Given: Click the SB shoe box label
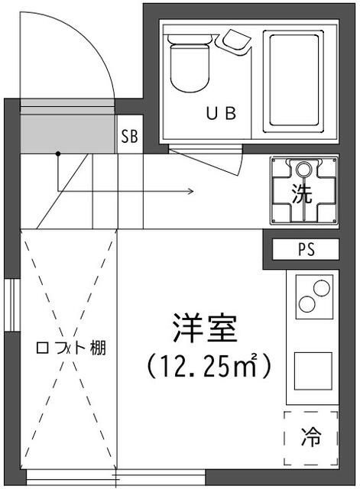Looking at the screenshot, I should [x=128, y=138].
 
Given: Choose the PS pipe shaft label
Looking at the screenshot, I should [x=305, y=249].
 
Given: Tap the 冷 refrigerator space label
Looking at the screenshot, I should [x=311, y=439].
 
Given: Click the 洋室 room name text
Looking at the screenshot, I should [x=205, y=329].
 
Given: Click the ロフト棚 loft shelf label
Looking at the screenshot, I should [x=70, y=348].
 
